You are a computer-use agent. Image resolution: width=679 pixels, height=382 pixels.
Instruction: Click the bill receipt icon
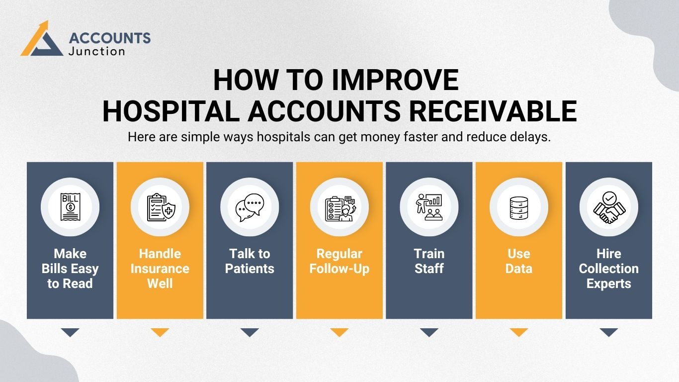(70, 207)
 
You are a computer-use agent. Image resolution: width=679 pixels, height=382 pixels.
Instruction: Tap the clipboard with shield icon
(161, 207)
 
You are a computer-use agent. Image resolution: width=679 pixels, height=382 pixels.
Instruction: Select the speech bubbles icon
(250, 207)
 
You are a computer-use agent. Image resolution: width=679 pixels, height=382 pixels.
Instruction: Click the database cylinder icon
(519, 208)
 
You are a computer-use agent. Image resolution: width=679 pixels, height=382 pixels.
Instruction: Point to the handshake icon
(609, 207)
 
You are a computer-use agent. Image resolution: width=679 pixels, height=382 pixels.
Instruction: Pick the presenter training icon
(429, 207)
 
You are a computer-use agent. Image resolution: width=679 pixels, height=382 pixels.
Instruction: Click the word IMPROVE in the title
(395, 80)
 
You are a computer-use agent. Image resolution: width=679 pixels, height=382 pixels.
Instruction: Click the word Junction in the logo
(96, 51)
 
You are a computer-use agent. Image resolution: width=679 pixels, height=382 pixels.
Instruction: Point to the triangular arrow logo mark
(42, 38)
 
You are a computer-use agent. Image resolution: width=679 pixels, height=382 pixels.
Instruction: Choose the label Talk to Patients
(250, 261)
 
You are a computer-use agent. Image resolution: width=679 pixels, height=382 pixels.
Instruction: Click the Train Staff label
(429, 261)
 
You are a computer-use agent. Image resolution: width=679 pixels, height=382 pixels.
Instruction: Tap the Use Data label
(519, 261)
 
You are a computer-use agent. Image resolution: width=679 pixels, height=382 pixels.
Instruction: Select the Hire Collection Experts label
(609, 269)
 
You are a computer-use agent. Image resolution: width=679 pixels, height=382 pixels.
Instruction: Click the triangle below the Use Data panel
(519, 332)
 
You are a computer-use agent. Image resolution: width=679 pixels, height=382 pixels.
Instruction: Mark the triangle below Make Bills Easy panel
(70, 332)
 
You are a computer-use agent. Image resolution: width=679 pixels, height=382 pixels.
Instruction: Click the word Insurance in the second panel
(160, 269)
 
